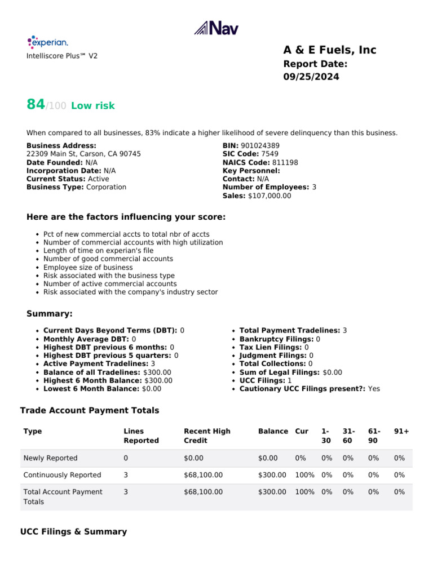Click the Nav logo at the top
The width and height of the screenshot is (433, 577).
click(x=216, y=28)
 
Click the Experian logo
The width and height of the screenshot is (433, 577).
click(x=48, y=42)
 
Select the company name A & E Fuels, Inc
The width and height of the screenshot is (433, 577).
click(x=329, y=50)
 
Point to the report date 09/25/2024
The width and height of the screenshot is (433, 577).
click(x=311, y=77)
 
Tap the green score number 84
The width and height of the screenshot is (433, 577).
click(x=36, y=104)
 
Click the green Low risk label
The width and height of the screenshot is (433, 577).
click(x=92, y=105)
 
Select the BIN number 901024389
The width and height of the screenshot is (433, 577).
click(x=260, y=145)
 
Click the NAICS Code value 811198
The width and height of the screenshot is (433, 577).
click(x=284, y=162)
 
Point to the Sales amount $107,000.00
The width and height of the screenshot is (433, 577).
click(x=269, y=196)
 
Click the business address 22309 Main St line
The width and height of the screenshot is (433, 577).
click(x=83, y=154)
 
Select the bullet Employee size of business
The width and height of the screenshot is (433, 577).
click(x=88, y=267)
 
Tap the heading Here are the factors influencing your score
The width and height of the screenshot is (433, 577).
click(x=126, y=217)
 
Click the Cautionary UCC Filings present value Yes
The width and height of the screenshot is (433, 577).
click(x=374, y=389)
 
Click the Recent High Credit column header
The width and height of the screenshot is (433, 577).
click(x=207, y=436)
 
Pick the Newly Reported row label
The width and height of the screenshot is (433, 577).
click(x=50, y=458)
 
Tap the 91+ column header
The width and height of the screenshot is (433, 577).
click(x=401, y=431)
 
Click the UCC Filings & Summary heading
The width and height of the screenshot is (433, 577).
click(x=73, y=531)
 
